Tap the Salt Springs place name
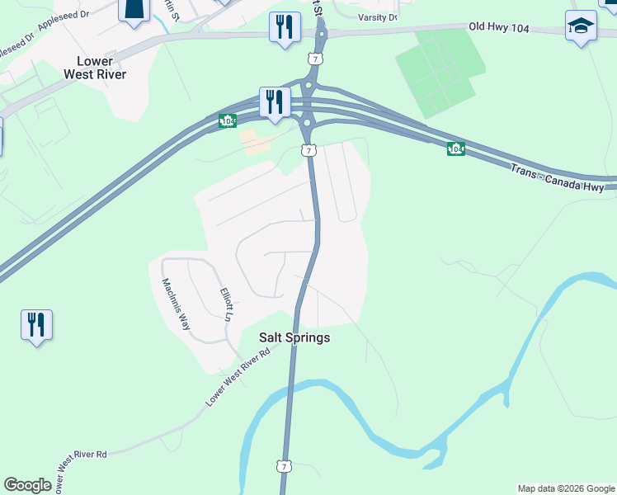click(x=294, y=337)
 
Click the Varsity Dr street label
click(x=378, y=16)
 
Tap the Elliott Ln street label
click(x=228, y=304)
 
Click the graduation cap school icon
click(x=581, y=26)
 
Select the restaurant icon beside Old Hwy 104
click(x=285, y=27)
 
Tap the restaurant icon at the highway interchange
click(x=273, y=101)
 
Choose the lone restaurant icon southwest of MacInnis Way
click(x=36, y=324)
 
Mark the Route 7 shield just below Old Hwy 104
click(x=313, y=59)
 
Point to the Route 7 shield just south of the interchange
click(x=307, y=150)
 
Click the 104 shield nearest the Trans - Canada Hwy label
click(x=455, y=148)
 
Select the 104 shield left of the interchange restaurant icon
click(x=228, y=120)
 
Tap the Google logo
click(x=27, y=485)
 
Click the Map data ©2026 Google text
click(x=566, y=488)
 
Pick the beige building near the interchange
click(x=256, y=144)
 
